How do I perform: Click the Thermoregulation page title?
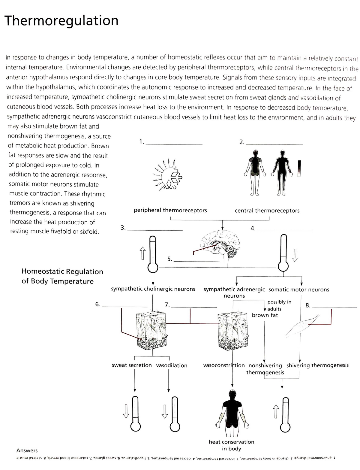pyautogui.click(x=62, y=21)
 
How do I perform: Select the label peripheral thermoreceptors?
pyautogui.click(x=170, y=210)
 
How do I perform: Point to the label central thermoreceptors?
pyautogui.click(x=267, y=211)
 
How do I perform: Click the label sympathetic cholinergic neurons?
pyautogui.click(x=153, y=289)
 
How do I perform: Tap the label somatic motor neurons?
pyautogui.click(x=299, y=290)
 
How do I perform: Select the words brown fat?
pyautogui.click(x=265, y=315)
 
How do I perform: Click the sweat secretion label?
pyautogui.click(x=132, y=365)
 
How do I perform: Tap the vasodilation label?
pyautogui.click(x=172, y=365)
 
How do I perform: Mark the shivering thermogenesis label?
pyautogui.click(x=317, y=365)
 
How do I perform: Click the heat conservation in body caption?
pyautogui.click(x=231, y=445)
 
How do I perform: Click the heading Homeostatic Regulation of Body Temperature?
pyautogui.click(x=62, y=276)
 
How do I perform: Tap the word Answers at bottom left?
pyautogui.click(x=27, y=450)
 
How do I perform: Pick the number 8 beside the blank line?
pyautogui.click(x=307, y=306)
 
